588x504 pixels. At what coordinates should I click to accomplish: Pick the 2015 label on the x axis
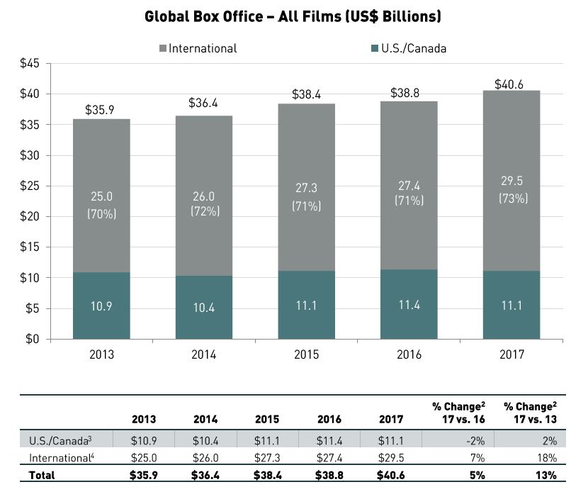pos(307,354)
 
